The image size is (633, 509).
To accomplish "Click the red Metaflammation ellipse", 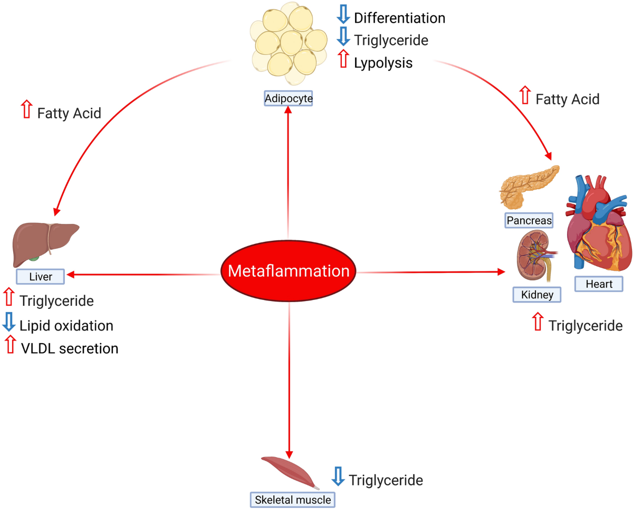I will (x=289, y=272).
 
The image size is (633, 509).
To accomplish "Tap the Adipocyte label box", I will (x=289, y=98).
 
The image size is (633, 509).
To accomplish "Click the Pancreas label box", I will (x=530, y=220).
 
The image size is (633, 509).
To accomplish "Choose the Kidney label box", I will (x=536, y=294).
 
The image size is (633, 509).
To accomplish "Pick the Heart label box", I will (x=599, y=284).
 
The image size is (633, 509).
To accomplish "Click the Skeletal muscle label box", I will (x=292, y=499).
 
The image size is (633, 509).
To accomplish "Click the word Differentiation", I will (x=399, y=18).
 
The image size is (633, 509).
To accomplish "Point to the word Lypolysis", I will (x=383, y=63).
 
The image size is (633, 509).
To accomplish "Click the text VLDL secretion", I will (x=69, y=348).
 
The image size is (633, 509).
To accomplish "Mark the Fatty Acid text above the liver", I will (x=69, y=113).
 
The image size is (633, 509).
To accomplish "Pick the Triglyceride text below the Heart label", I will (x=585, y=325).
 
